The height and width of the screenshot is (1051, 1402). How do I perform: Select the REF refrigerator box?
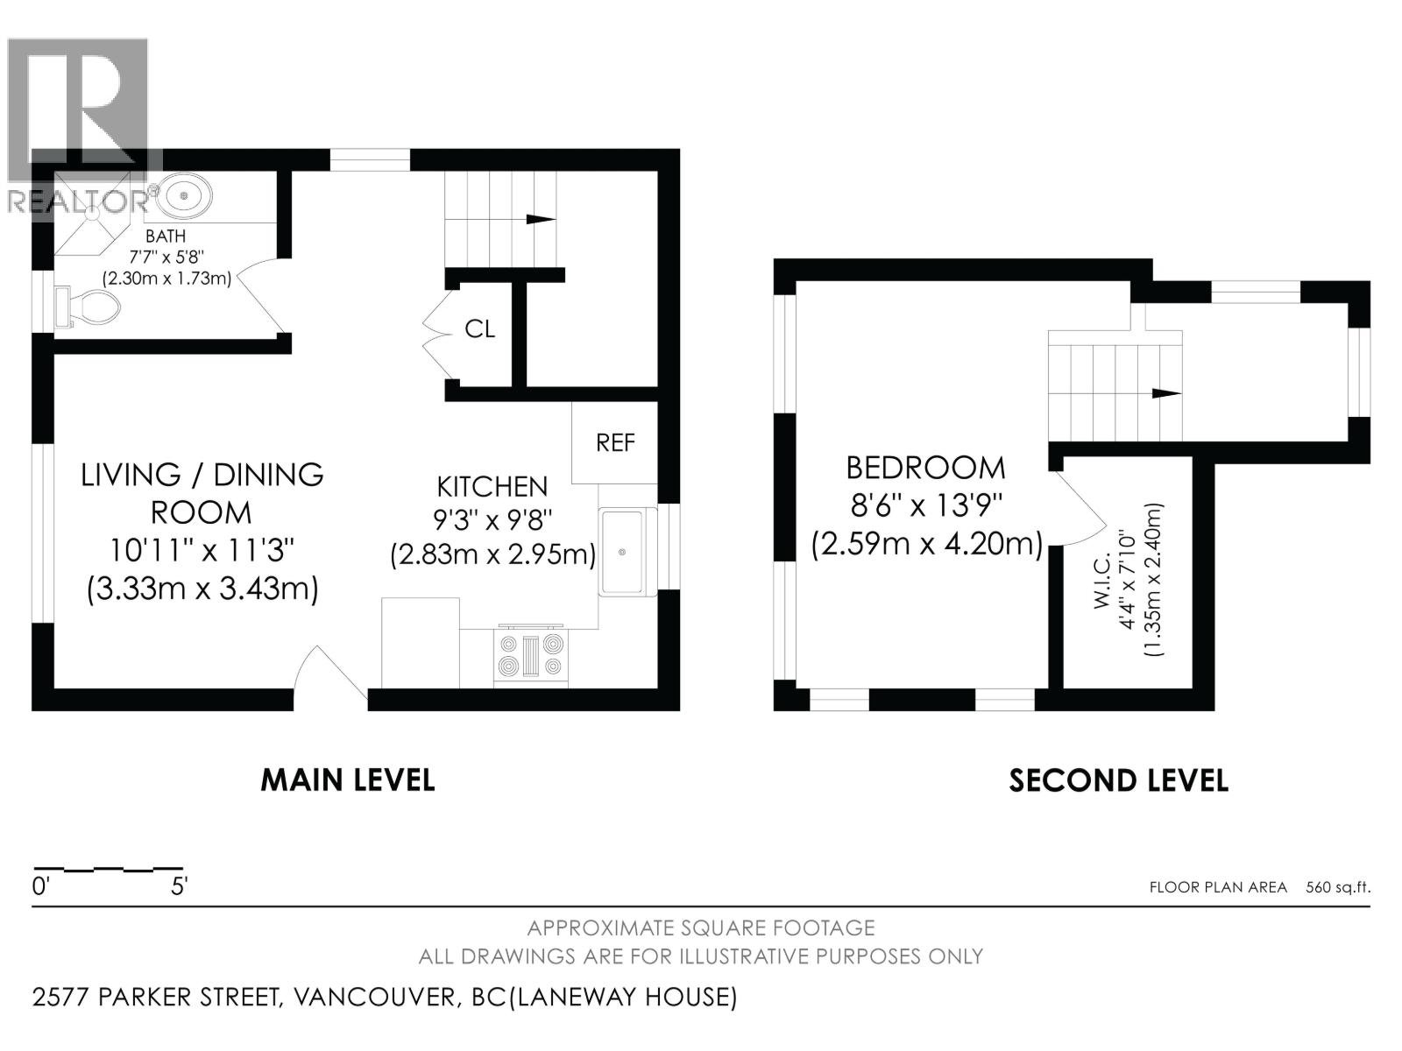coord(615,443)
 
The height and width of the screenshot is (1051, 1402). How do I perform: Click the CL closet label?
coord(479,329)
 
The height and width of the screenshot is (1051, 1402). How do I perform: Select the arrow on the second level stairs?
coord(1165,393)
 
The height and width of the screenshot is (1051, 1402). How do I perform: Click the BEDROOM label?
coord(925,468)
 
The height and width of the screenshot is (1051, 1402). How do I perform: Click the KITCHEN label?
coord(492,487)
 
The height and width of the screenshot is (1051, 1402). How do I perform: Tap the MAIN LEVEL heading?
coord(348,779)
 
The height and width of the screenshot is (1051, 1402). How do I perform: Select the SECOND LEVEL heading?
coord(1118,779)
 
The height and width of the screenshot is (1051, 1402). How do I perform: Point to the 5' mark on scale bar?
coord(179,886)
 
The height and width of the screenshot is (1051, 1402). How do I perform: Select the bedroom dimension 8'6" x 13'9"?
coord(925,506)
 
